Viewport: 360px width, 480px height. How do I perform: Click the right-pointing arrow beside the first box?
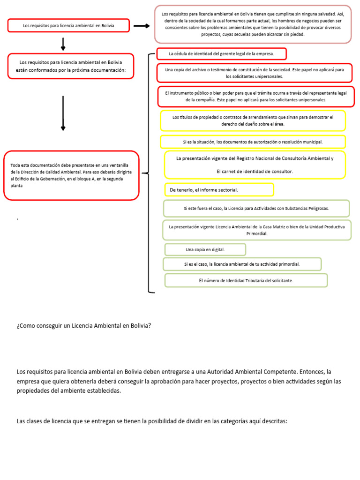click(141, 26)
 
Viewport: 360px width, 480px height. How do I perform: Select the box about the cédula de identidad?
click(221, 54)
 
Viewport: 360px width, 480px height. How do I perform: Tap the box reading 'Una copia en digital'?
click(205, 249)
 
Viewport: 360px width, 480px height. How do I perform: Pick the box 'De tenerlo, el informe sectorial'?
click(219, 190)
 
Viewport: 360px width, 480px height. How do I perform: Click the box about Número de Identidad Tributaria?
click(246, 280)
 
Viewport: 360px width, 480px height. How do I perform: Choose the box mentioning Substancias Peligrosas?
click(256, 208)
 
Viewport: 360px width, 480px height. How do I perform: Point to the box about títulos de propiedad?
click(253, 120)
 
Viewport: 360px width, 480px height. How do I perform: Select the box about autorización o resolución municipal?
click(253, 142)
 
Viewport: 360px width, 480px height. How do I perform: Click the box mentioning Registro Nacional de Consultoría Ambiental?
click(255, 165)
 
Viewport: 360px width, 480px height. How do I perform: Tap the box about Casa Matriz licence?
click(256, 230)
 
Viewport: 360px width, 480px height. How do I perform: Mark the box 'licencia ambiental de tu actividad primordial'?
click(242, 264)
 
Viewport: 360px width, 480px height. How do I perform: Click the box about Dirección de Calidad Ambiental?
click(71, 175)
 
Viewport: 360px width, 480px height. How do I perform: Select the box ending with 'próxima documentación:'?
click(70, 66)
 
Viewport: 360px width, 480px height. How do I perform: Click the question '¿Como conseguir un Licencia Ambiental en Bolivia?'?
click(84, 325)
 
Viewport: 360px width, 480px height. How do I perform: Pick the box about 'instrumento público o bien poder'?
click(256, 97)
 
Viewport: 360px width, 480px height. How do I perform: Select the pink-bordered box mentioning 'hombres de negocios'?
click(253, 24)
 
